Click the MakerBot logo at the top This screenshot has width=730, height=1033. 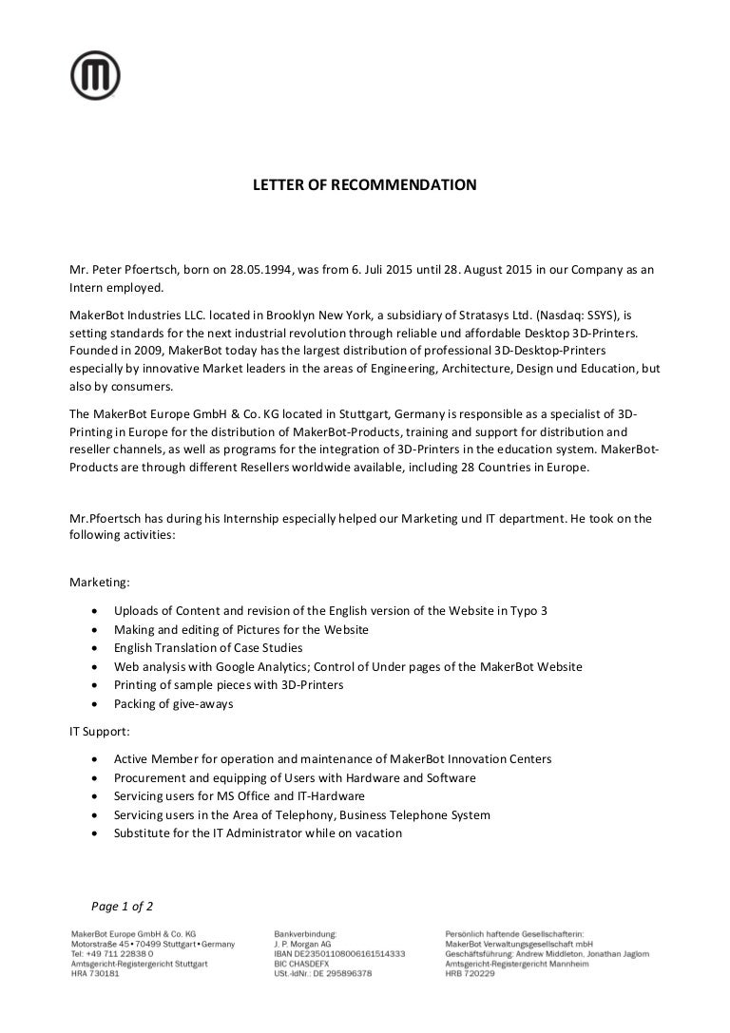pyautogui.click(x=95, y=74)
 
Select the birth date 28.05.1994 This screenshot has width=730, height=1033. pyautogui.click(x=258, y=270)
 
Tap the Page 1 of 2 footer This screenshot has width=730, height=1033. pyautogui.click(x=122, y=906)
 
